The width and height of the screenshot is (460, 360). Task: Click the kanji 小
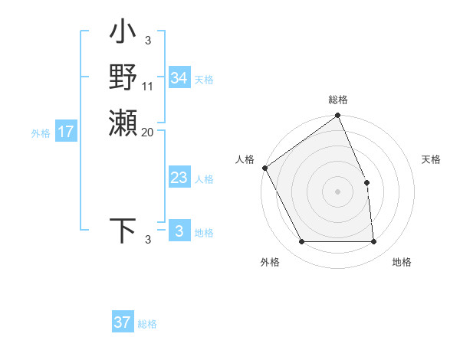[x=123, y=34]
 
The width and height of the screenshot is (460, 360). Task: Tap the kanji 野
[x=123, y=77]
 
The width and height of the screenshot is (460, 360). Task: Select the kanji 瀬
[x=123, y=122]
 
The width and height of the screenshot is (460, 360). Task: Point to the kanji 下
[x=123, y=231]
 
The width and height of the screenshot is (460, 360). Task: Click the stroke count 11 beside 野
[x=148, y=86]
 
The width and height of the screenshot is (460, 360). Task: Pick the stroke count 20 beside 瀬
[x=148, y=132]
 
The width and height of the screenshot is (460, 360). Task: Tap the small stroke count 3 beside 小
[x=147, y=41]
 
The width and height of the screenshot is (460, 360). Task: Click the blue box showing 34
[x=179, y=78]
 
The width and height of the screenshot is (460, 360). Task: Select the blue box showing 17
[x=66, y=133]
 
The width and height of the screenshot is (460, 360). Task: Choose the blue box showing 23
[x=179, y=178]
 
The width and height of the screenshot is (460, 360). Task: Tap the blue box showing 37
[x=122, y=322]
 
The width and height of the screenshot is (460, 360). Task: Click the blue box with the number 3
[x=179, y=231]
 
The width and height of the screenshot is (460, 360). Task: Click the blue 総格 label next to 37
[x=147, y=324]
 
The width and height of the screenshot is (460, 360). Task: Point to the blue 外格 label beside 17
[x=41, y=133]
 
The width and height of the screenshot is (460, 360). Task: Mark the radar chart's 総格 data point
[x=337, y=116]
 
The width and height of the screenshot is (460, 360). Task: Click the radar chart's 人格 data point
[x=264, y=168]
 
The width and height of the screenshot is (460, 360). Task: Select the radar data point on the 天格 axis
[x=366, y=182]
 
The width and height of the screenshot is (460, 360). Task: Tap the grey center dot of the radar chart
[x=337, y=191]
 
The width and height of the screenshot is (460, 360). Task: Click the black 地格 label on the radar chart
[x=402, y=262]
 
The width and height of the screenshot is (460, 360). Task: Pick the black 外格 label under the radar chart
[x=270, y=262]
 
